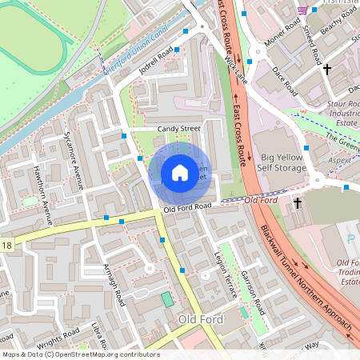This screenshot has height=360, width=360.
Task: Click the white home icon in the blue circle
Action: coord(180,173)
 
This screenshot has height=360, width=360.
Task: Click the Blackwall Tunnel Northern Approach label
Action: coord(306,276)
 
